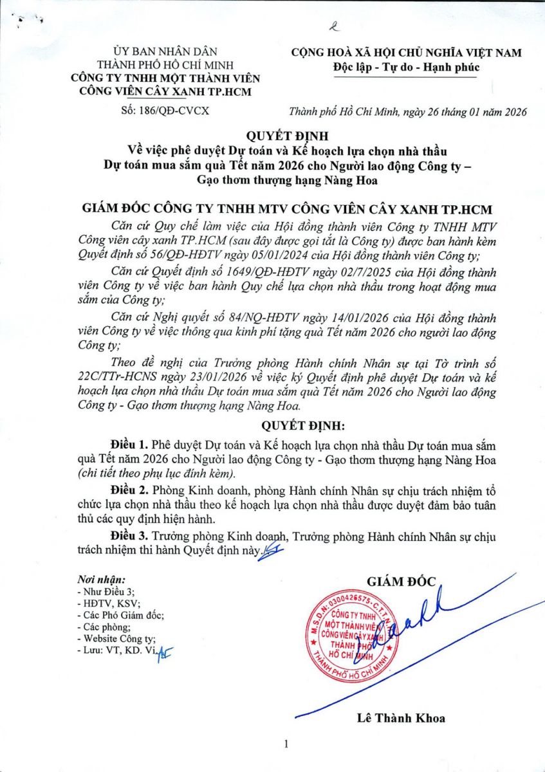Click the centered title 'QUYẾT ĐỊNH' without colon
[x=272, y=136]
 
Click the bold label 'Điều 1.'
[x=129, y=445]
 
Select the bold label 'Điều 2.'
[x=129, y=489]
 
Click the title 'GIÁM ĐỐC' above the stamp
[x=401, y=582]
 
